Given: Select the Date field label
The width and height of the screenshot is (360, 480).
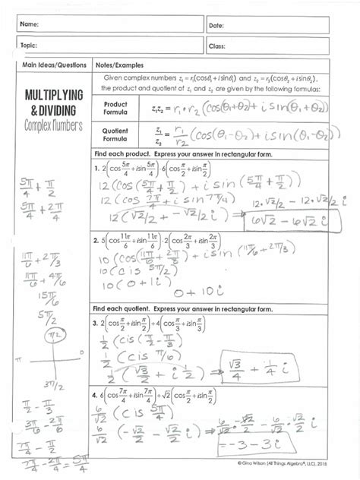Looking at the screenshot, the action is [216, 26].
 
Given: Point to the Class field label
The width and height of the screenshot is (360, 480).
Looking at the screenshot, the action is [217, 46].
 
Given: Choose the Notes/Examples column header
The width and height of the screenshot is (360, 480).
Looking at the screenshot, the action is [118, 65].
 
